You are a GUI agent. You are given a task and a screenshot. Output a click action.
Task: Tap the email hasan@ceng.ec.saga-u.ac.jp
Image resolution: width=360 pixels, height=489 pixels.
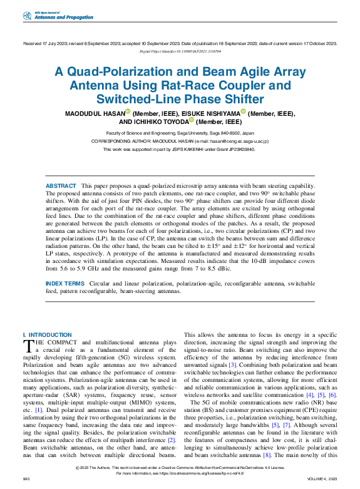(x=231, y=142)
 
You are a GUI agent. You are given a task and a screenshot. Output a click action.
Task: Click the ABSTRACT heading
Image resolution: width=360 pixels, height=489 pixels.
(x=60, y=187)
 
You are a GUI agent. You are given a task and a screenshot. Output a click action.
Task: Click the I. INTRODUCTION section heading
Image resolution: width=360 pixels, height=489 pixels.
(x=47, y=335)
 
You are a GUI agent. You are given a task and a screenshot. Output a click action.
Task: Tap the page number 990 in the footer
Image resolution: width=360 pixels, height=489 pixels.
(x=26, y=478)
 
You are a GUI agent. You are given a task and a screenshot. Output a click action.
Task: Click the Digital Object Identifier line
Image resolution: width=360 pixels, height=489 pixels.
(x=180, y=52)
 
